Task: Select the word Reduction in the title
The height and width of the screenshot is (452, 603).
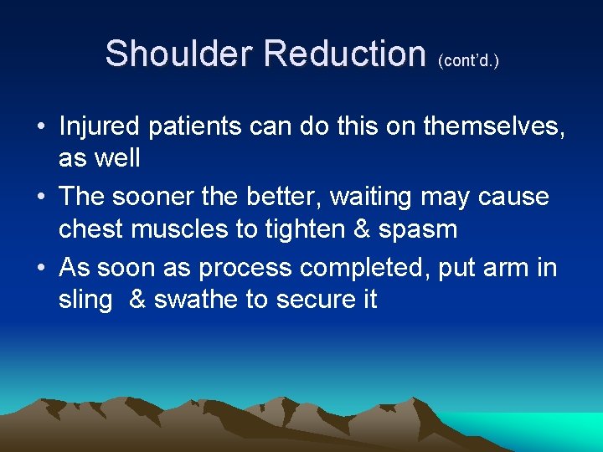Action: pos(345,54)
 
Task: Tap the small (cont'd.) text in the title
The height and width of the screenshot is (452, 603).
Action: pos(468,61)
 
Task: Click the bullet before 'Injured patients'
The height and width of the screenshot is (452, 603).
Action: pos(40,127)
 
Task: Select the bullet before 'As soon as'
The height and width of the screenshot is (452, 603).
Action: pos(40,270)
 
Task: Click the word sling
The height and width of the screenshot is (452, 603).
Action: pos(85,300)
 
